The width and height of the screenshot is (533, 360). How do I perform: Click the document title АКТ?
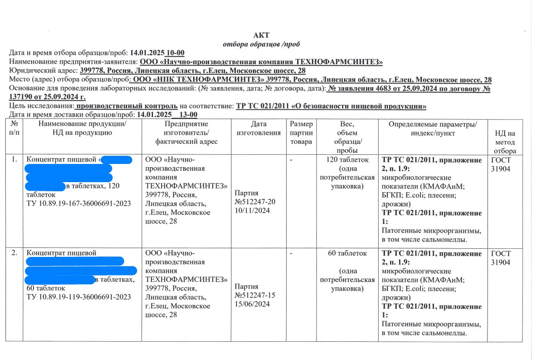pyautogui.click(x=261, y=35)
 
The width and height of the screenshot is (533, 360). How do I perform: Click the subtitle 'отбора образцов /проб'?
pyautogui.click(x=261, y=44)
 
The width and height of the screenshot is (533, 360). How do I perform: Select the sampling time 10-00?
pyautogui.click(x=175, y=53)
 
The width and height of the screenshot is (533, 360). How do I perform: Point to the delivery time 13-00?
pyautogui.click(x=188, y=115)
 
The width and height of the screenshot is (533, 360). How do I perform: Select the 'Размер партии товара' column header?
pyautogui.click(x=301, y=133)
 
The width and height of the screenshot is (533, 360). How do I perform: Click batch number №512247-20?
pyautogui.click(x=255, y=201)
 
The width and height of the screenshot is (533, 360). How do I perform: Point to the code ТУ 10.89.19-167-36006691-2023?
pyautogui.click(x=79, y=204)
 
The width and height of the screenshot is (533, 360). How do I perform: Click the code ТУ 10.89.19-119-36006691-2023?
pyautogui.click(x=79, y=297)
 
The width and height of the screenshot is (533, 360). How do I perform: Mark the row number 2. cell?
pyautogui.click(x=14, y=253)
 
